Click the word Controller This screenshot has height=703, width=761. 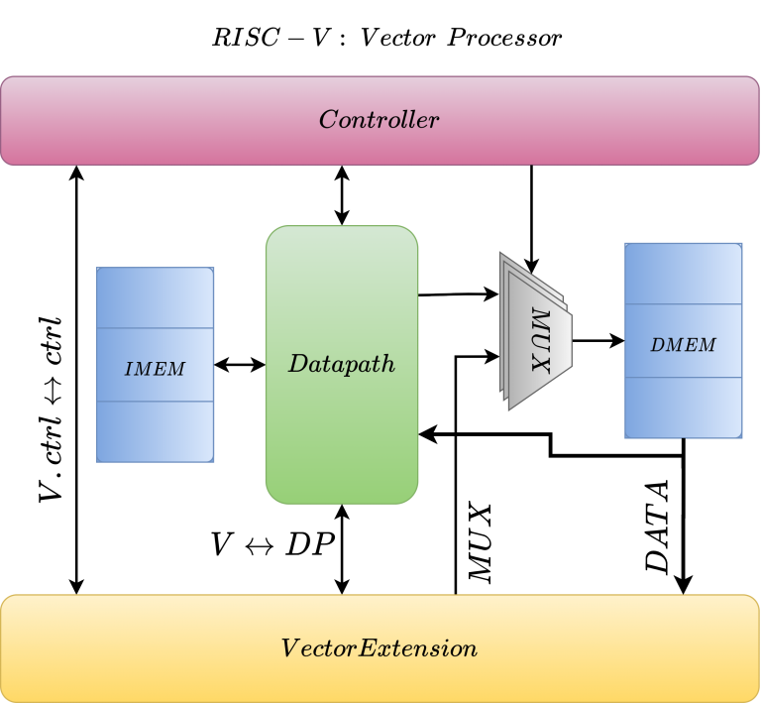pos(379,120)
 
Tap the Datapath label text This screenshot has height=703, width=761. pos(342,364)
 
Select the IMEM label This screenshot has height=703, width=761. pos(155,369)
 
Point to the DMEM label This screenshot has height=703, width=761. pos(683,345)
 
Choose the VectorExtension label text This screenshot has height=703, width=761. pos(380,648)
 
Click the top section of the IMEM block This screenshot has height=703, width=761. pos(155,297)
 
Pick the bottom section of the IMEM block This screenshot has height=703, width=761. pos(155,431)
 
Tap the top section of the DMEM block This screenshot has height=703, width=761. pos(683,274)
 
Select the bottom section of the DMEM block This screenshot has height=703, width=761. pos(683,407)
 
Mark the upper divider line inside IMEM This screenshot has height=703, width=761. pos(155,327)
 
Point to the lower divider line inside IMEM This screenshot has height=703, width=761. pos(155,402)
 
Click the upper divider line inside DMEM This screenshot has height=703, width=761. pos(683,304)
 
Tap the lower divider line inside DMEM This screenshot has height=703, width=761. pos(683,378)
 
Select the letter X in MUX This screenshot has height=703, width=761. pos(540,362)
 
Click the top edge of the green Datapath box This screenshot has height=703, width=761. pos(342,226)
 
